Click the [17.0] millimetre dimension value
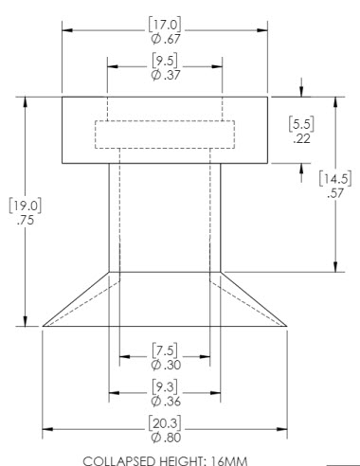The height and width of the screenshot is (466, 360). [x=165, y=25]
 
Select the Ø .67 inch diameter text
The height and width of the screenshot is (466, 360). [x=166, y=39]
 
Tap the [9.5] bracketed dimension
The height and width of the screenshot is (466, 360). [x=165, y=61]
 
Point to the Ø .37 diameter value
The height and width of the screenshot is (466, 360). [x=166, y=75]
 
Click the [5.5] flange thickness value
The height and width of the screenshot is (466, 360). [x=301, y=124]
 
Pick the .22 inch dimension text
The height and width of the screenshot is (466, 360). [x=301, y=138]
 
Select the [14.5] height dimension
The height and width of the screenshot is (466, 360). [x=335, y=178]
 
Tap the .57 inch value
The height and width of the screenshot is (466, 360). [x=335, y=193]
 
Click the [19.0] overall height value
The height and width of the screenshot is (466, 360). [x=26, y=206]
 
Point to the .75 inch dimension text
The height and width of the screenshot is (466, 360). [x=26, y=220]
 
